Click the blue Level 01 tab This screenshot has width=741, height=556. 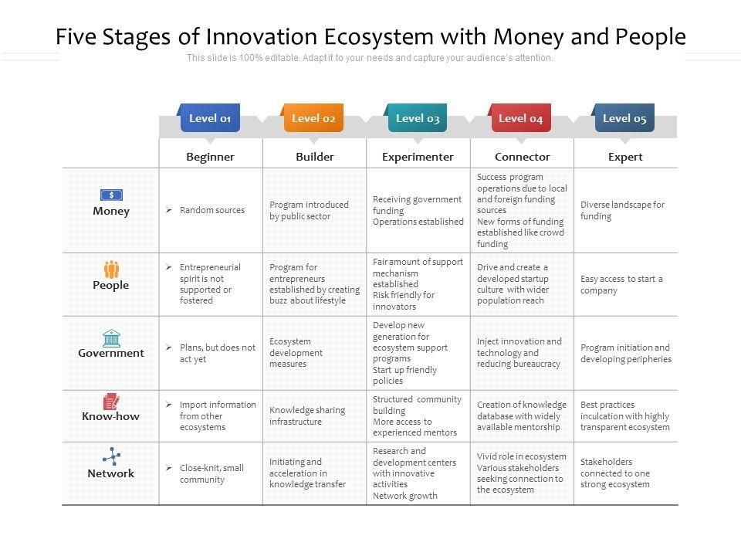point(210,117)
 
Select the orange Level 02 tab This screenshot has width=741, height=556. point(313,117)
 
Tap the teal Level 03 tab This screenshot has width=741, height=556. point(418,117)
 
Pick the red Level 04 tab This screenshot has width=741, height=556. point(521,117)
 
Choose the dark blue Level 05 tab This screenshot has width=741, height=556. point(624,117)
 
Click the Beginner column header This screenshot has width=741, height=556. point(210,157)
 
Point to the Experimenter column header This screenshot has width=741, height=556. point(418,157)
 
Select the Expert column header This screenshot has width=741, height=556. point(625,157)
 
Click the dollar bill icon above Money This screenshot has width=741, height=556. point(111,195)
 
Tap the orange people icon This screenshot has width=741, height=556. point(111,269)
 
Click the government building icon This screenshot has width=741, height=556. point(111,338)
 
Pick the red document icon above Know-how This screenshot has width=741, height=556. point(111,402)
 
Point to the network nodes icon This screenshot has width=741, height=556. point(111,456)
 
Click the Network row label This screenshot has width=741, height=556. point(111,473)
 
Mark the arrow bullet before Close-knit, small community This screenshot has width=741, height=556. point(169,468)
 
